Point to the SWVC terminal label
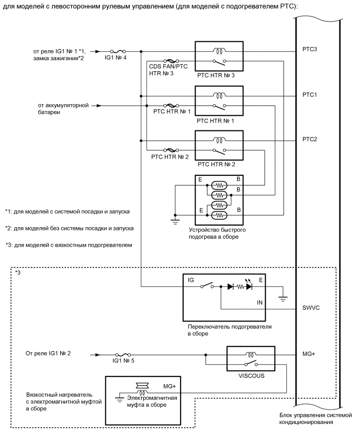pyautogui.click(x=312, y=308)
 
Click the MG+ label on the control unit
pyautogui.click(x=309, y=354)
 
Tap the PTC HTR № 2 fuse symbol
pyautogui.click(x=170, y=150)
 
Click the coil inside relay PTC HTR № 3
pyautogui.click(x=218, y=51)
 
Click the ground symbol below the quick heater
pyautogui.click(x=175, y=220)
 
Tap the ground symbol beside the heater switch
pyautogui.click(x=283, y=298)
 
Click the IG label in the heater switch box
pyautogui.click(x=190, y=281)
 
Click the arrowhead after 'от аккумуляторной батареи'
pyautogui.click(x=97, y=105)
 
